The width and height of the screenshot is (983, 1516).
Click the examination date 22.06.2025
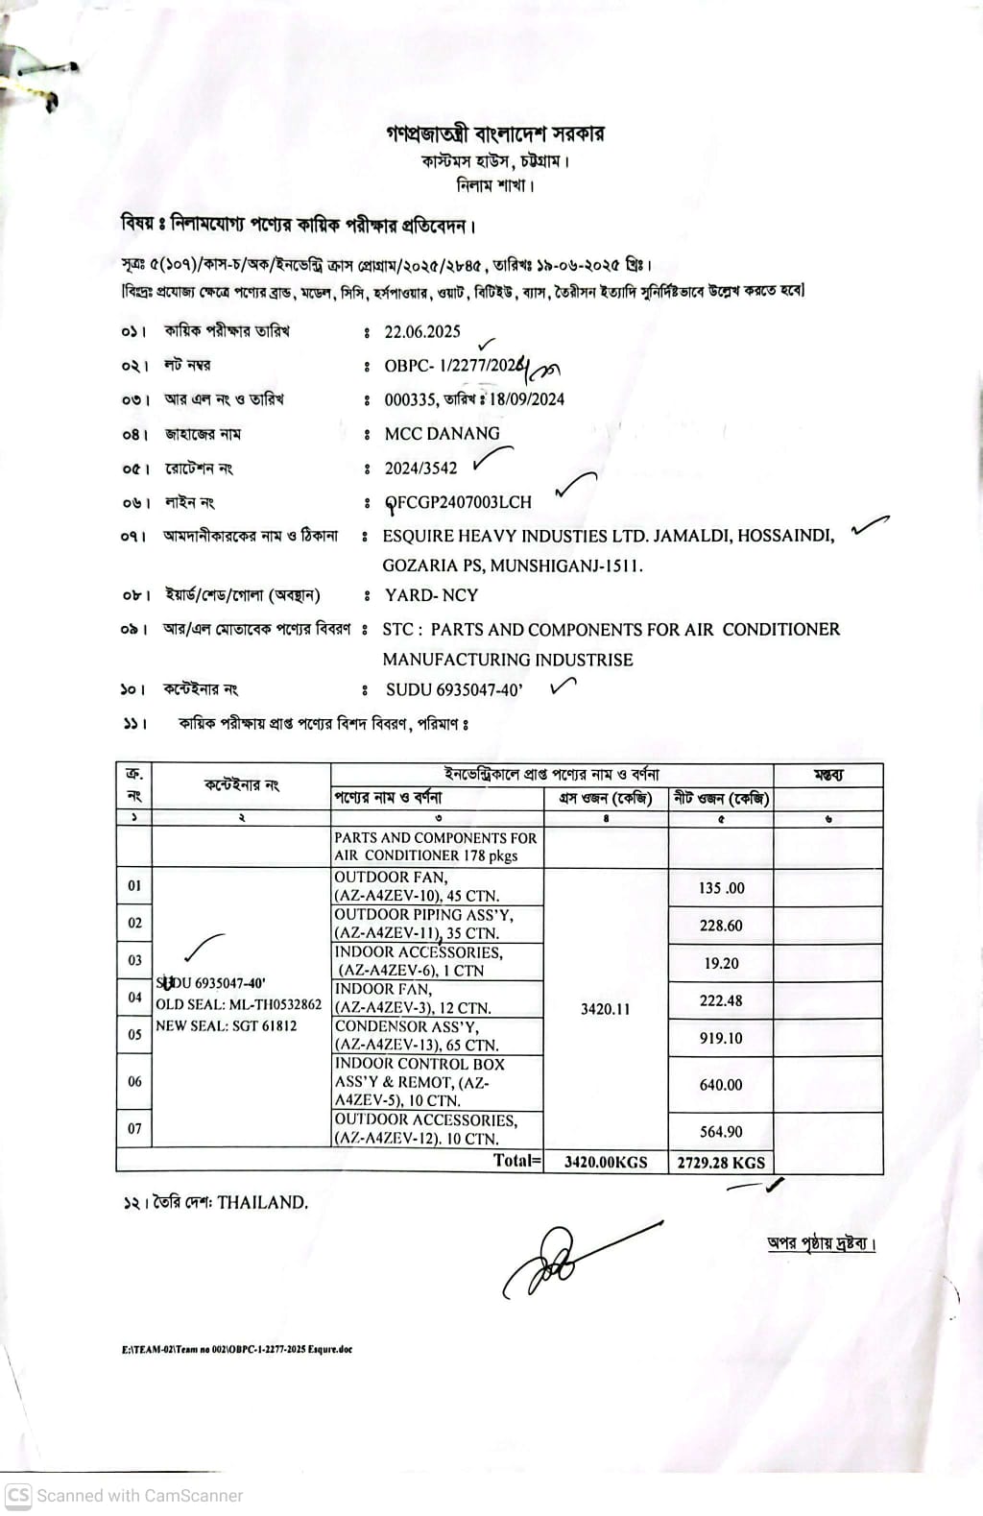point(422,332)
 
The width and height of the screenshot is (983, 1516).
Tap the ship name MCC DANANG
point(442,434)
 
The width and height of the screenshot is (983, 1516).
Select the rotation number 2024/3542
point(420,469)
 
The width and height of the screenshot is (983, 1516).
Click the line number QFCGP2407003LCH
point(458,502)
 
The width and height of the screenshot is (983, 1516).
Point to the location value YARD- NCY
point(431,595)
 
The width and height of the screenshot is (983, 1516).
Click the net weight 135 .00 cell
point(721,888)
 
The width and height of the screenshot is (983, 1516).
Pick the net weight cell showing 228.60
point(721,926)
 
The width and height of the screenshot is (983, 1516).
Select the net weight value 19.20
point(721,963)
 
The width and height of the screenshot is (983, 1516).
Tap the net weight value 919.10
point(721,1038)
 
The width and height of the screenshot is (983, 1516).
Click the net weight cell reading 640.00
point(721,1085)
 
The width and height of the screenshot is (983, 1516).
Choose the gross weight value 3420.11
point(606,1009)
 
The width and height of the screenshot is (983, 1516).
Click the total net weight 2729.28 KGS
point(721,1163)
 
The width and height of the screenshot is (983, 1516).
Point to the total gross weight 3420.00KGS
point(606,1163)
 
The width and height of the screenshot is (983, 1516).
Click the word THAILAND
point(262,1202)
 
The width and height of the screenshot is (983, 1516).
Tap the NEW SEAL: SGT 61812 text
point(227,1025)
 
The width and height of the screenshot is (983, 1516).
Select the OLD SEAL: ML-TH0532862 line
point(239,1004)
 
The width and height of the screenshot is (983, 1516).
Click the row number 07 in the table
point(134,1129)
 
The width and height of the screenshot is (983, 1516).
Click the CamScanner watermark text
point(139,1496)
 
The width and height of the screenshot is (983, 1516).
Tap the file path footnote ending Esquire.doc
point(237,1349)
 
